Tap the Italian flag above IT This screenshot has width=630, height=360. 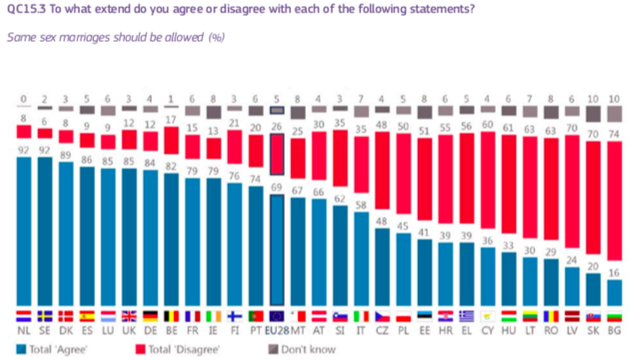(x=362, y=316)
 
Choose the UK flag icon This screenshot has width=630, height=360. (x=130, y=316)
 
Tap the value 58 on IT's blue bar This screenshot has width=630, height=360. (x=361, y=204)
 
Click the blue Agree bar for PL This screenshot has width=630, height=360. (x=404, y=266)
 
